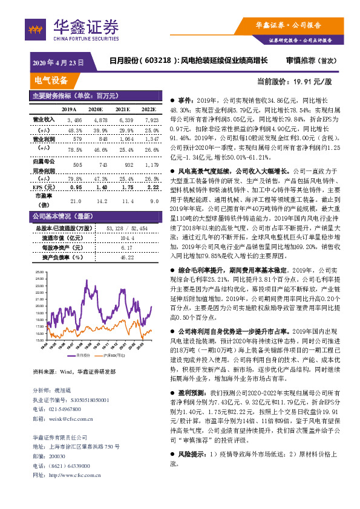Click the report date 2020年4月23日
click(57, 62)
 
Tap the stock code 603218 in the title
click(159, 62)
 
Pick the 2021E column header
click(123, 109)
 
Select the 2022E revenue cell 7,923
click(150, 120)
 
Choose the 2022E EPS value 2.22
click(151, 187)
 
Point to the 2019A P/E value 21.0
click(75, 201)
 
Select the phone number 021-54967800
click(68, 409)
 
